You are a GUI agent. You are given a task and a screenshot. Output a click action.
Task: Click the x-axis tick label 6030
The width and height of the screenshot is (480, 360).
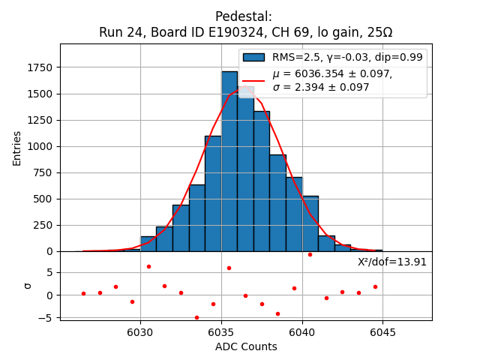140,332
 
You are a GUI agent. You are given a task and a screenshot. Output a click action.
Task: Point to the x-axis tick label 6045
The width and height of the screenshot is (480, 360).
382,332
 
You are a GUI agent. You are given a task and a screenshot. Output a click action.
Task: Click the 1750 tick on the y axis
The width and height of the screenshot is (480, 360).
42,67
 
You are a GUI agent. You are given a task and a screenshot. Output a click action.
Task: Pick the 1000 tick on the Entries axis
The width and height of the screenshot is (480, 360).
42,146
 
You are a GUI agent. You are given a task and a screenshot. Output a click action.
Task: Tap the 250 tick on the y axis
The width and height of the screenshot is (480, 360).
46,225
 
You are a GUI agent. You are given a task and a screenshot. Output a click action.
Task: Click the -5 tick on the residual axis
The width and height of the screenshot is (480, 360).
49,318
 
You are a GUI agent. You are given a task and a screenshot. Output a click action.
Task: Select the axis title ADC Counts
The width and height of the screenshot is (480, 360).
246,346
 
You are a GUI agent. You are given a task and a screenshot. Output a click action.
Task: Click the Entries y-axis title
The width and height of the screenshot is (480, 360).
17,148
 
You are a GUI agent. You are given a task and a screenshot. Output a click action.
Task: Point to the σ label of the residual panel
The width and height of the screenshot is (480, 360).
28,285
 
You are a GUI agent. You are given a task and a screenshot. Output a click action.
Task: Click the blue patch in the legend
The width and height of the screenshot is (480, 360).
253,58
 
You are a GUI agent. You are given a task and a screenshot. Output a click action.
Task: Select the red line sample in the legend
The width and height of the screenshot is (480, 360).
253,79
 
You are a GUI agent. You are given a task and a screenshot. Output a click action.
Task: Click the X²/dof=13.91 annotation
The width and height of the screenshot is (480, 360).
392,262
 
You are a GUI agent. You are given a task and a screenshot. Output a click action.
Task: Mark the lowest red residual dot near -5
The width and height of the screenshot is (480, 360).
196,317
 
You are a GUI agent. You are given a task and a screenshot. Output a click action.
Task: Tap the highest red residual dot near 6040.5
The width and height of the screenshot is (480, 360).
310,254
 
